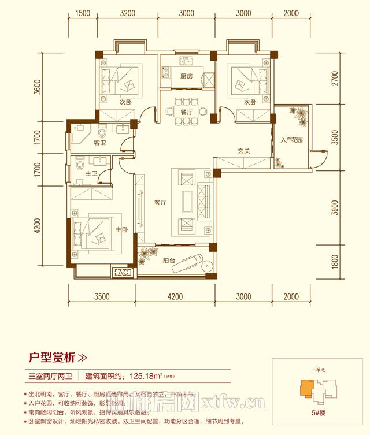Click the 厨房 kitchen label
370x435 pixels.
[x=186, y=77]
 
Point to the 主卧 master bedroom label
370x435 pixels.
[x=121, y=230]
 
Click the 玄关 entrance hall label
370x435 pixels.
[x=243, y=151]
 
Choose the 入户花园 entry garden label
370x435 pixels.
[x=293, y=140]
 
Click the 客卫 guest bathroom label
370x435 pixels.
[x=99, y=143]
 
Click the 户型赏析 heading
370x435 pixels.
[x=53, y=357]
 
